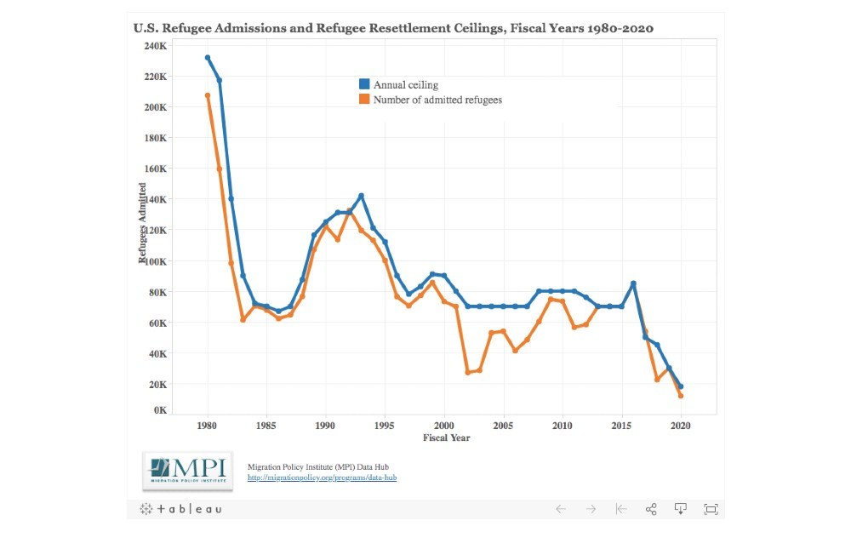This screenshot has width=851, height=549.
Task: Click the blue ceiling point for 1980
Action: click(208, 58)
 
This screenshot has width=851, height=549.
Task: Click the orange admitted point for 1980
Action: click(208, 95)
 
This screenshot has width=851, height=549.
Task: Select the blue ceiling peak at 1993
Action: click(361, 196)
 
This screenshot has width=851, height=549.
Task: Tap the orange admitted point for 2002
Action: click(467, 373)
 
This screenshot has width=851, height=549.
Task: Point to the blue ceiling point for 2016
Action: click(633, 283)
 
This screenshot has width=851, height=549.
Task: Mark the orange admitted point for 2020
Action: click(681, 396)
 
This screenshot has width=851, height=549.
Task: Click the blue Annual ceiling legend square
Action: click(364, 84)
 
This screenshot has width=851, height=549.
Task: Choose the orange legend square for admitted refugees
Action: click(364, 100)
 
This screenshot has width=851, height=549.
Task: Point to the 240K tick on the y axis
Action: click(155, 46)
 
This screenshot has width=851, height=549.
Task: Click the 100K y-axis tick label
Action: click(155, 261)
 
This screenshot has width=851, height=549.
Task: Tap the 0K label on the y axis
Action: click(160, 410)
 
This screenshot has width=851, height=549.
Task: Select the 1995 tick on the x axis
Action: click(385, 424)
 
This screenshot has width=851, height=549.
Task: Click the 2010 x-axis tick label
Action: click(563, 424)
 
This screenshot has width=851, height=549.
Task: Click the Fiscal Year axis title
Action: click(446, 437)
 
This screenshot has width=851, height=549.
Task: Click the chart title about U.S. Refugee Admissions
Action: click(393, 28)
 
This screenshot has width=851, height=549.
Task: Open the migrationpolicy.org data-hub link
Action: click(322, 478)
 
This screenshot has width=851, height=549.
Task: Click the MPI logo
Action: click(188, 471)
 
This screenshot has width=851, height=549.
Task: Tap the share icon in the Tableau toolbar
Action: click(651, 509)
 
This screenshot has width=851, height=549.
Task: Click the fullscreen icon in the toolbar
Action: click(711, 509)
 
